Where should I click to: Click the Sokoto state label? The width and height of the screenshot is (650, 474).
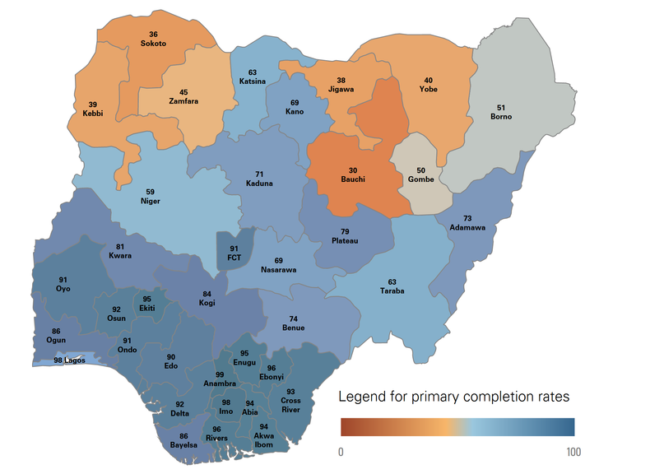[153, 43]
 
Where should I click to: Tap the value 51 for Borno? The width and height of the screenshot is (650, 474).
[501, 107]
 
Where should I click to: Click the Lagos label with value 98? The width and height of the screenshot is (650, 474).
[69, 360]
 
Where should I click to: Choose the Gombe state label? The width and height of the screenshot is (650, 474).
[420, 179]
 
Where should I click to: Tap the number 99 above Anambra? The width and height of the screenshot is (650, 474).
[220, 374]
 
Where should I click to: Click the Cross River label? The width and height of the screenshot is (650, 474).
[290, 406]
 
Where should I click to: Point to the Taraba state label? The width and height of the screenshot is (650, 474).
[392, 291]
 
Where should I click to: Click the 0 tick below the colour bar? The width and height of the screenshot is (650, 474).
[341, 452]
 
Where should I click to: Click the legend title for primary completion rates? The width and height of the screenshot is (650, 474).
[454, 397]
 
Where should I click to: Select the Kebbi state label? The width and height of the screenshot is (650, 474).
[93, 113]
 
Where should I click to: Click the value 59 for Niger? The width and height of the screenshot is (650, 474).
[151, 191]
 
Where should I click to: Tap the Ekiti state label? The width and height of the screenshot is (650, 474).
[147, 308]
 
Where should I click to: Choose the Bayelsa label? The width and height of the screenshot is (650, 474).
[183, 444]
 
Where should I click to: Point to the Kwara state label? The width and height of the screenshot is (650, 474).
[120, 256]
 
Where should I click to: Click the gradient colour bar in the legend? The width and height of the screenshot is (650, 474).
[457, 426]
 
